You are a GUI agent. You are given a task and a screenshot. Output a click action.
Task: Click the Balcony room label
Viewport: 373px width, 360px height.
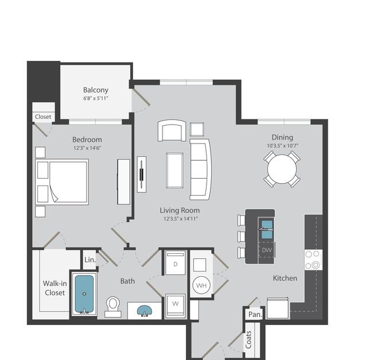tap(96, 90)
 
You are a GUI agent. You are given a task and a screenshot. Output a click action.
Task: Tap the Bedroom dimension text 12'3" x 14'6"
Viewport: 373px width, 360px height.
tap(87, 148)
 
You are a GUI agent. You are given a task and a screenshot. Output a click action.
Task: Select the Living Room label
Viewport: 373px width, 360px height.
tap(180, 210)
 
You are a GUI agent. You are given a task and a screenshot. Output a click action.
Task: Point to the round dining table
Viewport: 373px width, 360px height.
tap(282, 169)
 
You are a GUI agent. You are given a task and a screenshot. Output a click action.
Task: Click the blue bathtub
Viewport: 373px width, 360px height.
tap(84, 293)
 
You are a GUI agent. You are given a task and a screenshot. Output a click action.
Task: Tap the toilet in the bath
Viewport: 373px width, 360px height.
tap(113, 307)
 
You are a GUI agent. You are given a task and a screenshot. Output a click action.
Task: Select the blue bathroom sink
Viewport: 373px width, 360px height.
tap(145, 311)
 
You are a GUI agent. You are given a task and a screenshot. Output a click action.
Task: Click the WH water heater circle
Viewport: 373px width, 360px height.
tap(201, 285)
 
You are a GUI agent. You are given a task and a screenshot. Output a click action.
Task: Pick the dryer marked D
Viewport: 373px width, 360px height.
tap(176, 263)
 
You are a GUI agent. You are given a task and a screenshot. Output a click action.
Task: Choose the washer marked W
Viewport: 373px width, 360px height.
tap(176, 306)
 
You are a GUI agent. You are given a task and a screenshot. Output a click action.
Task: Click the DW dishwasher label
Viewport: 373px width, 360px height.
tap(267, 250)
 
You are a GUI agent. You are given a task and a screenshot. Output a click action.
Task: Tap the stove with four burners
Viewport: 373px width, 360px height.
tap(313, 260)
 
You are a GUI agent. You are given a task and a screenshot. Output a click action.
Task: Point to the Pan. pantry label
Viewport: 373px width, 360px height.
tap(255, 315)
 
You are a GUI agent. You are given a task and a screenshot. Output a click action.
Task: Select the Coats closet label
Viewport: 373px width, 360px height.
tap(248, 339)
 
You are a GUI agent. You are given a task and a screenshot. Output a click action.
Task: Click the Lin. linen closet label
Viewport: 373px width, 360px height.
tap(90, 260)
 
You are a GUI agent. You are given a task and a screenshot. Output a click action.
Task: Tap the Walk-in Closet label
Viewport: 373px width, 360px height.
tap(55, 288)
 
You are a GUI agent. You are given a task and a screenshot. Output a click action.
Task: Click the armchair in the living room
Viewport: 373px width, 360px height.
tap(172, 130)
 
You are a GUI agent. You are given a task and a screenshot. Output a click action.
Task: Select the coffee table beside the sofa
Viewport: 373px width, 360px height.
tap(175, 171)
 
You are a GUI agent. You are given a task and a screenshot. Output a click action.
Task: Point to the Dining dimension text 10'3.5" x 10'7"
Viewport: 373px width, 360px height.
tap(282, 146)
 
